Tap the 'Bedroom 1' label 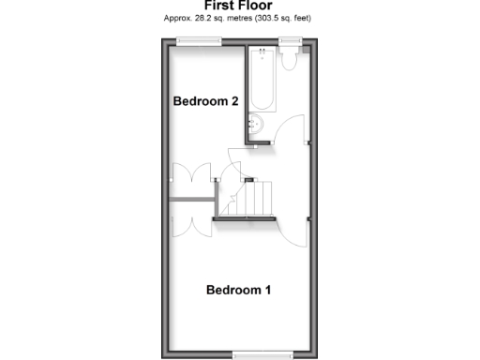tap(238, 290)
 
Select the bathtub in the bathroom tap(259, 84)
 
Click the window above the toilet tap(290, 39)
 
